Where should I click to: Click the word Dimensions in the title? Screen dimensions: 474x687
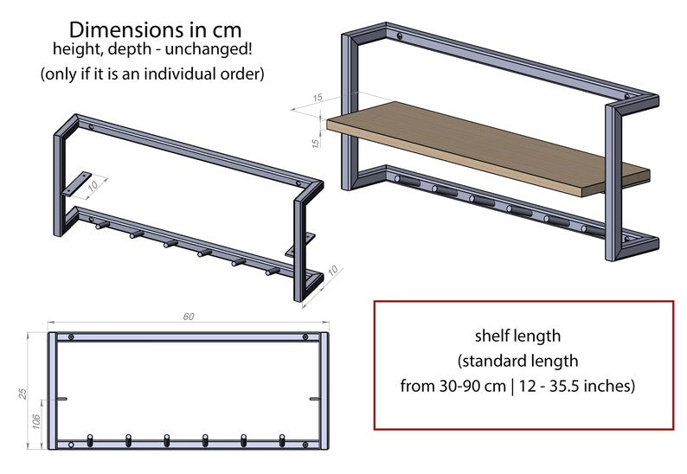(x=115, y=29)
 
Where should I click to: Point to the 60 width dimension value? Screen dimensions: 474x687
(x=189, y=317)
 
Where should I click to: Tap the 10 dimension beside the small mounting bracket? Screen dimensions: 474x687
(x=93, y=183)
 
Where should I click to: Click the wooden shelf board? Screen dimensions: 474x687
(x=485, y=147)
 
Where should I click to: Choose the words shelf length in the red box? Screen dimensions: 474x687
(x=517, y=335)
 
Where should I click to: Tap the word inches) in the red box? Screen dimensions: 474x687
(x=611, y=386)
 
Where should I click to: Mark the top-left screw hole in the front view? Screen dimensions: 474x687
(x=71, y=336)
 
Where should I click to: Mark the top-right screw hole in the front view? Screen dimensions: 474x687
(x=305, y=336)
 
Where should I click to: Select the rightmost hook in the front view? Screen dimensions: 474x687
(x=282, y=439)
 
